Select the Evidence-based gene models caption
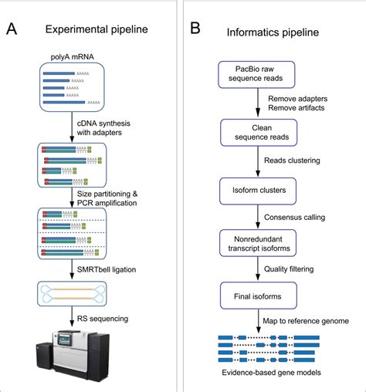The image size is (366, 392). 258,374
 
